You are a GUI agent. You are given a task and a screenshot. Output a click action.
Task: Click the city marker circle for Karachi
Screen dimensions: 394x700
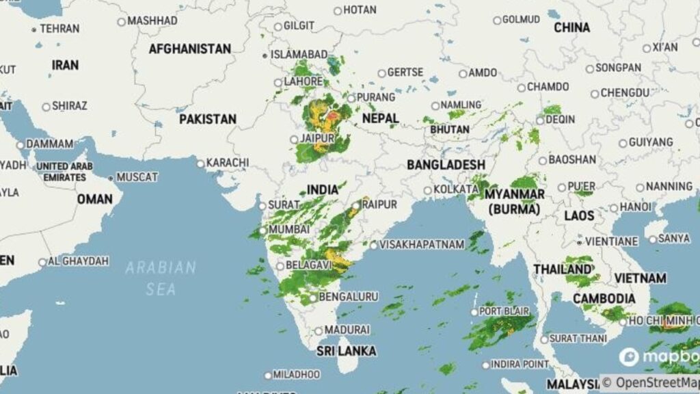tap(201, 163)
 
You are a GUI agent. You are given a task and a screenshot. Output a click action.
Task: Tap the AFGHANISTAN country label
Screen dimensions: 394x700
tap(190, 49)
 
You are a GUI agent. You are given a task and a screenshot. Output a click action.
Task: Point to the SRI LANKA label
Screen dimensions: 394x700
tap(346, 351)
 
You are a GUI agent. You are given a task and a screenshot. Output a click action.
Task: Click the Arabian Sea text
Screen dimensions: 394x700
tap(161, 278)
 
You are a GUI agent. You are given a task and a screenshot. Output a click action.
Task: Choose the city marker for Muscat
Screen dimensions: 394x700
tap(111, 178)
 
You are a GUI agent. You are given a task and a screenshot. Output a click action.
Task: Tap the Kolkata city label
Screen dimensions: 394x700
tap(455, 189)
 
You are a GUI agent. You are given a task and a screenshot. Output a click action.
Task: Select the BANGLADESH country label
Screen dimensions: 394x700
tap(446, 165)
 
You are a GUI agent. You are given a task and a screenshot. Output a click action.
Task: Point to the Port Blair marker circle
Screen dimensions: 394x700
tap(474, 312)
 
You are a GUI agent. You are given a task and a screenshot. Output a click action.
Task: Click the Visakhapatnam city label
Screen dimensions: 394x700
tap(422, 244)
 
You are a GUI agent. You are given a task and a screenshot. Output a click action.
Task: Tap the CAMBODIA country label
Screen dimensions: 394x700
tap(604, 298)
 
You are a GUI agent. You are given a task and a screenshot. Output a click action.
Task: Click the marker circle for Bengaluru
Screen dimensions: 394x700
tap(313, 298)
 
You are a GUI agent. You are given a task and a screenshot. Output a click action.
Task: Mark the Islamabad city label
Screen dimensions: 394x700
tap(299, 54)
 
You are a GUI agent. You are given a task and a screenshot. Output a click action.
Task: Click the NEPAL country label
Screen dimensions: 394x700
tap(380, 118)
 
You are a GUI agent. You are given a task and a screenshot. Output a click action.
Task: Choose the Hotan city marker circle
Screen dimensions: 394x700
tap(338, 10)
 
